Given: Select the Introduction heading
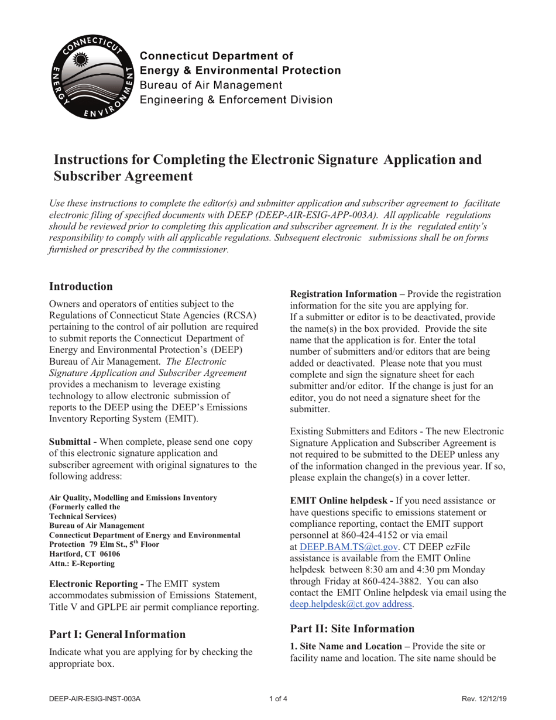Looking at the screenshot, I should coord(81,286).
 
